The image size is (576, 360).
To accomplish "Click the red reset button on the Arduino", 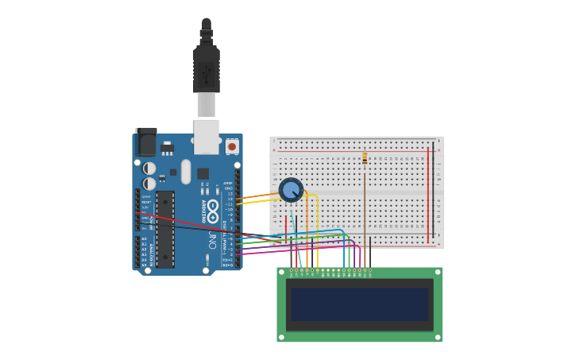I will (x=232, y=146).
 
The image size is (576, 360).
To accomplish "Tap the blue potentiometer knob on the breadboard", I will (x=291, y=190).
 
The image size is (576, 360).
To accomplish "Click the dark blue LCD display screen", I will (x=359, y=304).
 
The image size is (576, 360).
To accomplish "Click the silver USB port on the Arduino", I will (x=207, y=136).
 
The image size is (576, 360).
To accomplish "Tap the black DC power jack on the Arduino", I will (x=146, y=141).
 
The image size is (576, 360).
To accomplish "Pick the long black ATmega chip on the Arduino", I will (x=164, y=229).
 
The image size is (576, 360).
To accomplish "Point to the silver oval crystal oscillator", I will (x=186, y=171).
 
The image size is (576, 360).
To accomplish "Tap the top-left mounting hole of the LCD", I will (x=280, y=272).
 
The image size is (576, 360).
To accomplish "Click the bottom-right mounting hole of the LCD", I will (x=437, y=338).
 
